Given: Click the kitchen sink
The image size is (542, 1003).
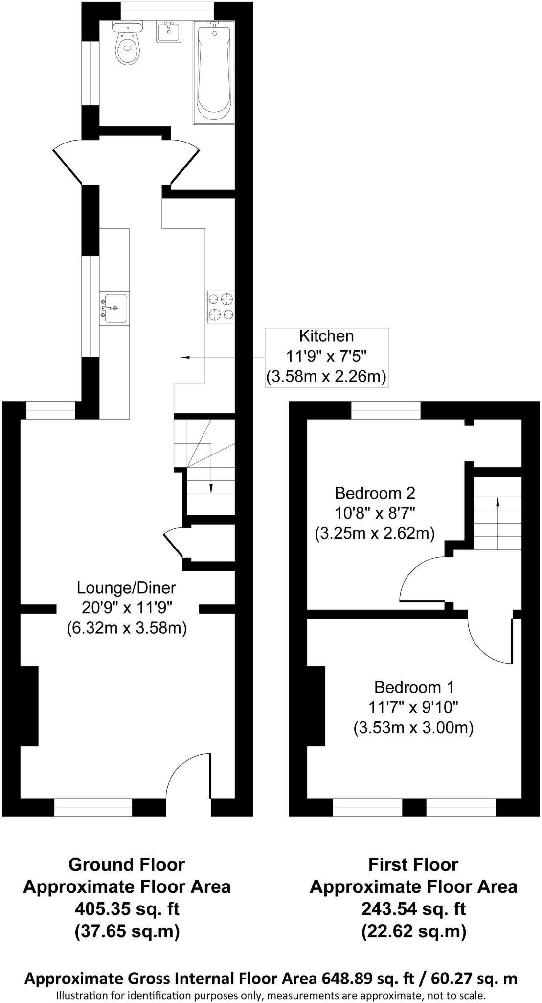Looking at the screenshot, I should click(114, 308).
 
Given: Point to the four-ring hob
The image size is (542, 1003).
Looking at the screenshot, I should click(220, 307).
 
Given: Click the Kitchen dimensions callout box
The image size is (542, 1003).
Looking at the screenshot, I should click(327, 358).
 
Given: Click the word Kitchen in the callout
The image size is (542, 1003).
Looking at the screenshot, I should click(326, 336).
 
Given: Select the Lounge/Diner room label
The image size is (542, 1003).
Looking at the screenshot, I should click(126, 587).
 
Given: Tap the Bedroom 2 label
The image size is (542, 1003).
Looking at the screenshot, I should click(375, 492).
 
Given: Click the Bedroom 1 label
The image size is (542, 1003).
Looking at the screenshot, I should click(414, 687).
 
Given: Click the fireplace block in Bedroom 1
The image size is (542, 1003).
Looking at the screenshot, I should click(316, 706).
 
